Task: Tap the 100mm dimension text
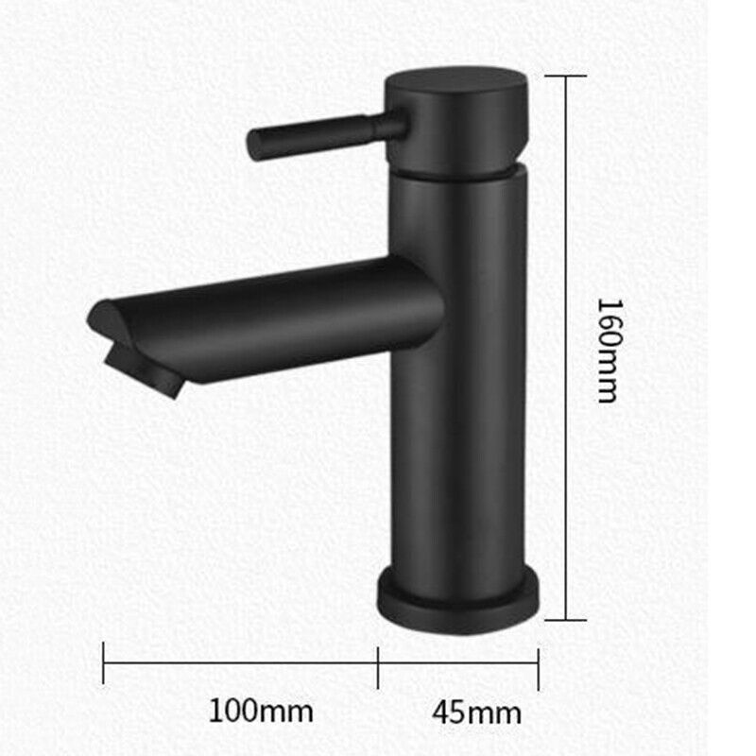click(260, 709)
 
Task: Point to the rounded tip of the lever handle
click(254, 144)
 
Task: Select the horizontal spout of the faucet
click(283, 317)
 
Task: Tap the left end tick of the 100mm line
click(103, 664)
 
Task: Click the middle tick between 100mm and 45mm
click(378, 664)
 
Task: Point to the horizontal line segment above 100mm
click(241, 664)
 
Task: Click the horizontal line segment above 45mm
click(458, 664)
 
